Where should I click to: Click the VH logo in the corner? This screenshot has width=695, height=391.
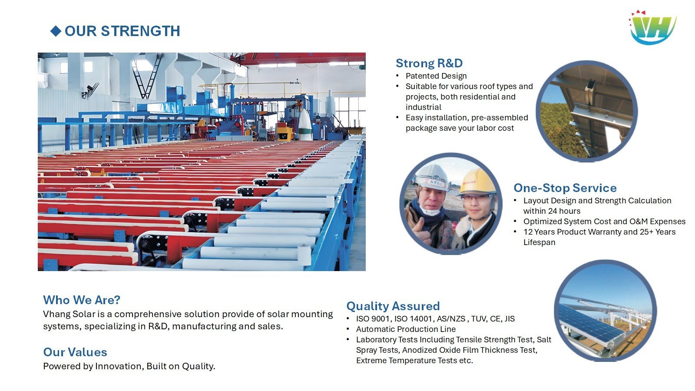coord(653,27)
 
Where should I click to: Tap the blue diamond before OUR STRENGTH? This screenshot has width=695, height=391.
coord(56,31)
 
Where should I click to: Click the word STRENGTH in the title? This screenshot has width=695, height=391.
coord(141,31)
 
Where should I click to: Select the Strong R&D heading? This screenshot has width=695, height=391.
coord(429,63)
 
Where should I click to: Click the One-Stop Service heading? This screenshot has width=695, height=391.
coord(565,188)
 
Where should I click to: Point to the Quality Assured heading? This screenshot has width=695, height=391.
coord(393,306)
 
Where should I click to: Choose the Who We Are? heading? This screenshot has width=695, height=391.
coord(82,300)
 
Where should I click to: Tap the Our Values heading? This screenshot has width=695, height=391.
coord(75,352)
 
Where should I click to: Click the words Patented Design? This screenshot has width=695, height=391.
coord(436,76)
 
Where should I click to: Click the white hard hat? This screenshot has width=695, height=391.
coord(432,176)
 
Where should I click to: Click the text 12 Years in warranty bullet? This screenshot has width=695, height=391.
coord(539,232)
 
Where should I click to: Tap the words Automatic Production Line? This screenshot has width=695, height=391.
coord(406,329)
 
